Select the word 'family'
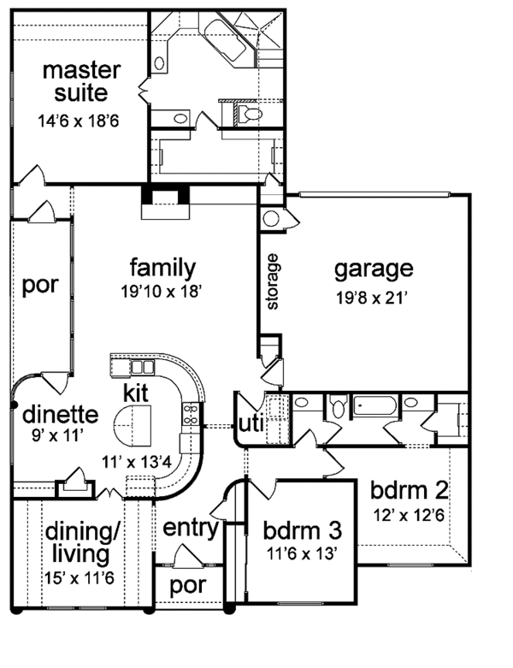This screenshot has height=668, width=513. click(x=162, y=267)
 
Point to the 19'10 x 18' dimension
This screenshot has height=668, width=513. click(x=162, y=292)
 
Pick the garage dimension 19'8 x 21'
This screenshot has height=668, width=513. click(x=373, y=299)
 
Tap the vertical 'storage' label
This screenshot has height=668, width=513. click(x=273, y=281)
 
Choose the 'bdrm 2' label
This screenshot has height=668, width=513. click(x=410, y=492)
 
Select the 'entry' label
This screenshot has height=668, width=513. click(x=190, y=527)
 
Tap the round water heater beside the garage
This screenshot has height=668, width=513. click(x=271, y=218)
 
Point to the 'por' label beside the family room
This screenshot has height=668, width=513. click(x=40, y=285)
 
